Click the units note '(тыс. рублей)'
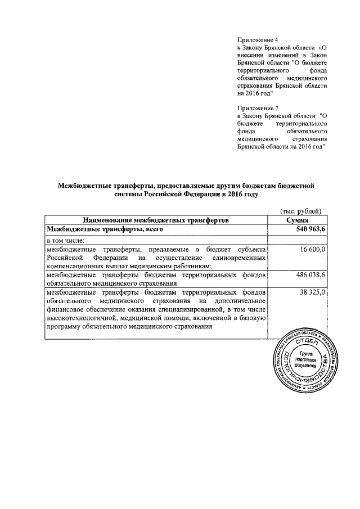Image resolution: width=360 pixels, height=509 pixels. click(300, 211)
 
